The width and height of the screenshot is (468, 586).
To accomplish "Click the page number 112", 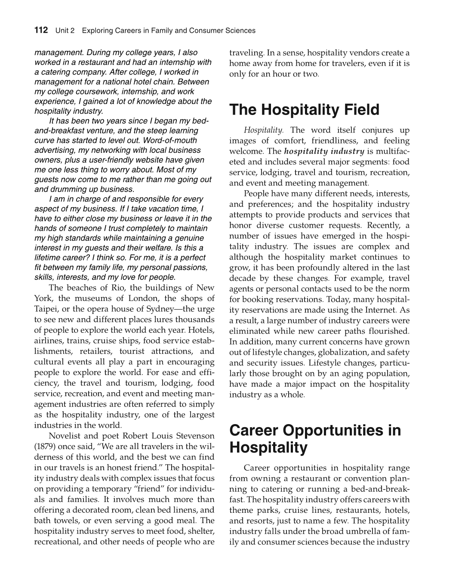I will tap(41, 30).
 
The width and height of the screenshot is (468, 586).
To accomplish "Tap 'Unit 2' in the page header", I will tap(65, 31).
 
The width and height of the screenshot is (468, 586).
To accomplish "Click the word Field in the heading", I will tap(357, 110).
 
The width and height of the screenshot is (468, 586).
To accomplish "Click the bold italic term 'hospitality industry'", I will tap(324, 151).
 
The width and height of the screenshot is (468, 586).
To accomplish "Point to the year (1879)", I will tap(45, 446).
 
